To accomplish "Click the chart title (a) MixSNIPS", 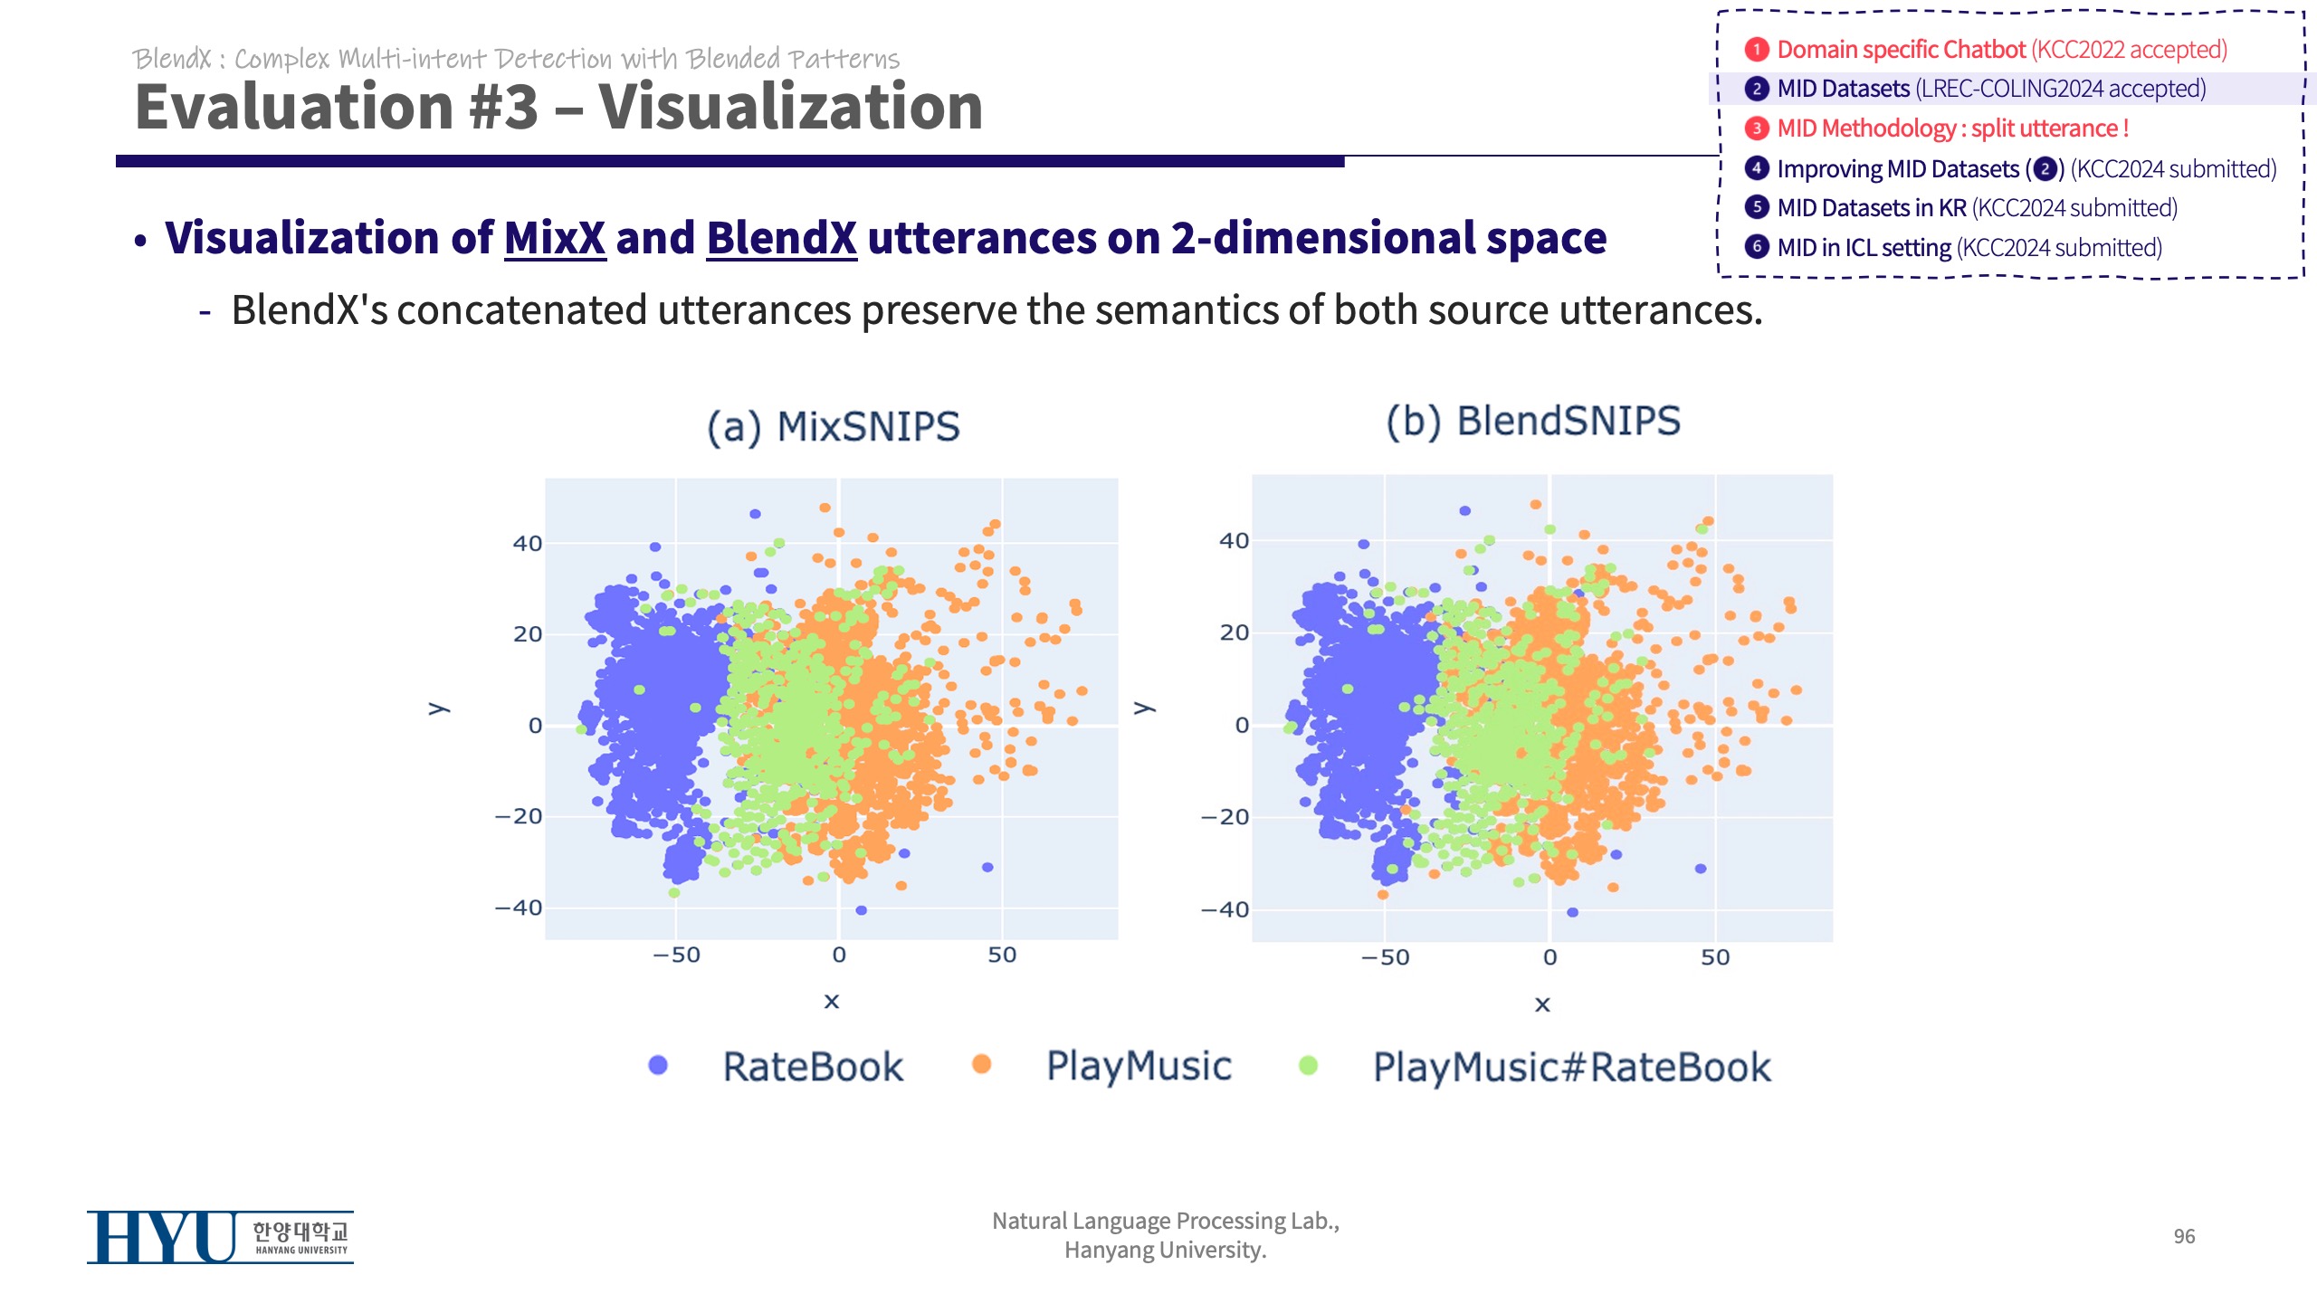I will (833, 427).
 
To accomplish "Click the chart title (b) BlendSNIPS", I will (1533, 422).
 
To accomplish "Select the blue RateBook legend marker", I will (658, 1065).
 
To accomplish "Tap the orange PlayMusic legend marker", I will (981, 1064).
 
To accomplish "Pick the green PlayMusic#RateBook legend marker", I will (1308, 1065).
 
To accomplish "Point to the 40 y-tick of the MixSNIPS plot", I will (528, 544).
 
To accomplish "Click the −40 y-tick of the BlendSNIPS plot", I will (1225, 909).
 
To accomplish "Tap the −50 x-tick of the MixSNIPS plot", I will (676, 955).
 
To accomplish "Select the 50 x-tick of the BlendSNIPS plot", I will (1715, 957).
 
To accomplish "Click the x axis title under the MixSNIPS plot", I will (832, 1001).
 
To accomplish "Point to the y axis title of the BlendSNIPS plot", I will (1144, 707).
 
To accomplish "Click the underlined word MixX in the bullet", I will (555, 238).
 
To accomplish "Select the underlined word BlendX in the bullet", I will (781, 238).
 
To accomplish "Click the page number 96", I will (2184, 1236).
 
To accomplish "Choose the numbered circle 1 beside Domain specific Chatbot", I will (1757, 49).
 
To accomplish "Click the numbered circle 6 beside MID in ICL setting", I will (1757, 247).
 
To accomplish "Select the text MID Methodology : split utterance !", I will (1952, 128).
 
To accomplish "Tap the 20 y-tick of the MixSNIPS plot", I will (528, 634).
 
